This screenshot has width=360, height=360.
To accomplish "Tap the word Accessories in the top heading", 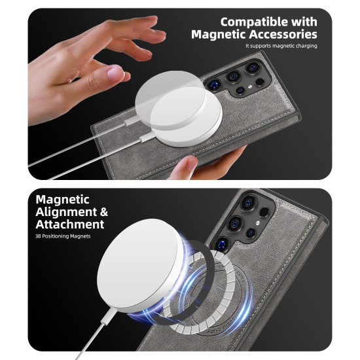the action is pyautogui.click(x=283, y=35).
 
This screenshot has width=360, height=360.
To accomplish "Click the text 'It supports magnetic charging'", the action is pyautogui.click(x=281, y=46).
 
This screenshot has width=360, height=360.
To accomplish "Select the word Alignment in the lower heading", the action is pyautogui.click(x=66, y=212).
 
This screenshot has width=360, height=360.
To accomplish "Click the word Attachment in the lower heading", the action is pyautogui.click(x=70, y=224).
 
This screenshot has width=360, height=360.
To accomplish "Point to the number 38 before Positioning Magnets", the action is pyautogui.click(x=38, y=236).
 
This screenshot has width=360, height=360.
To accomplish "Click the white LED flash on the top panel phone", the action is pyautogui.click(x=249, y=86).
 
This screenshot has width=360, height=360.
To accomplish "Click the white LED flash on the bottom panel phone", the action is pyautogui.click(x=258, y=223).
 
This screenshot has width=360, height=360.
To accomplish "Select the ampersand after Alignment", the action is pyautogui.click(x=104, y=211).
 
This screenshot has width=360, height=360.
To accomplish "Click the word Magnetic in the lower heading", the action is pyautogui.click(x=62, y=199).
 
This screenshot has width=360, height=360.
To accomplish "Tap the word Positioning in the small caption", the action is pyautogui.click(x=56, y=236).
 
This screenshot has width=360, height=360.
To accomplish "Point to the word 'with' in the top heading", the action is pyautogui.click(x=304, y=22).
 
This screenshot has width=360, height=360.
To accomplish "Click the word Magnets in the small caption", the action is pyautogui.click(x=81, y=236).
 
